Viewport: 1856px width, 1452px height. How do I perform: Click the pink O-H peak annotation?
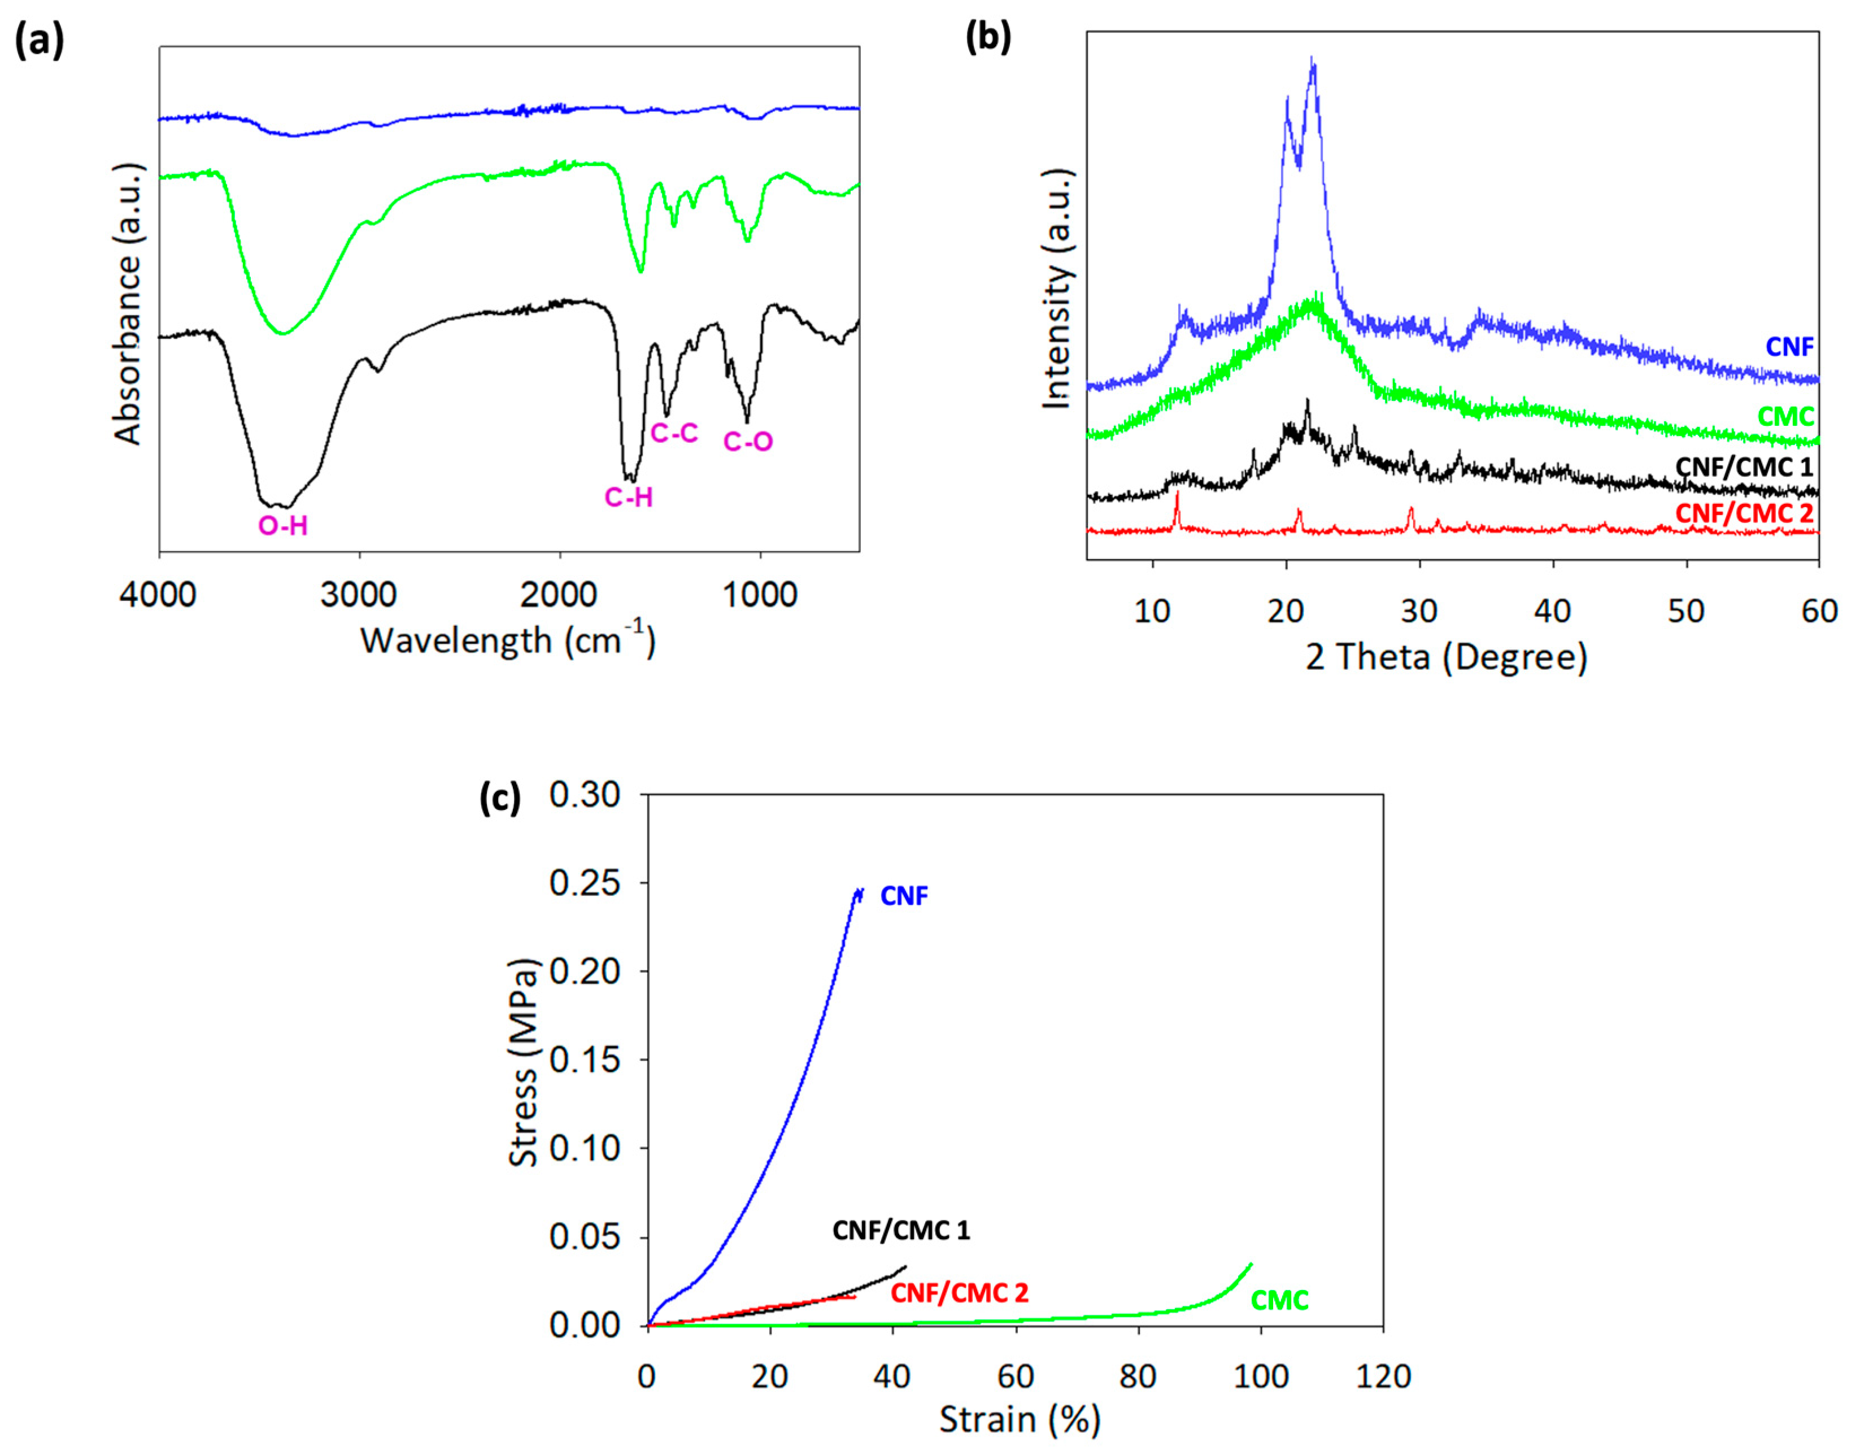tap(283, 526)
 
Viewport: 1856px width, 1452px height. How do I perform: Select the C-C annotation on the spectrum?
tap(674, 434)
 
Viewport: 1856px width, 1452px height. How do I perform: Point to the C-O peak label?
tap(748, 441)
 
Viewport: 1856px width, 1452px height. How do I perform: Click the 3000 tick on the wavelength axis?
tap(358, 595)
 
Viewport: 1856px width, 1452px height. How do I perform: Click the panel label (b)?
tap(988, 37)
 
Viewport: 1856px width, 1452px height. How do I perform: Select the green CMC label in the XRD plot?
tap(1785, 417)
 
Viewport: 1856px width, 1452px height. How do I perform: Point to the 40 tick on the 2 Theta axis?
tap(1553, 611)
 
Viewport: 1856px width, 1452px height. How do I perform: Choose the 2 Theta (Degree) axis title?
tap(1446, 657)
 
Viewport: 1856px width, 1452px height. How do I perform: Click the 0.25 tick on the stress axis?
tap(585, 883)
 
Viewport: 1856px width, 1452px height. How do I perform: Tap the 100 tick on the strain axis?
tap(1260, 1376)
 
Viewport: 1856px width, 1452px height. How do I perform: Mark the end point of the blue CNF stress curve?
tap(860, 890)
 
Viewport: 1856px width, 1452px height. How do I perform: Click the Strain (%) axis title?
tap(1020, 1420)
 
